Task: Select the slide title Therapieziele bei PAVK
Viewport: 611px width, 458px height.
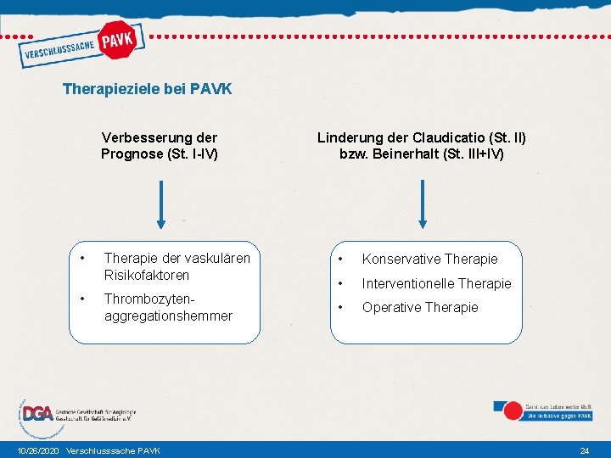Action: pos(147,88)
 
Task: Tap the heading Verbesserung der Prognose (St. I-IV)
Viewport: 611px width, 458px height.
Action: pos(159,145)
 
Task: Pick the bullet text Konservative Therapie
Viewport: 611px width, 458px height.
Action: pos(429,259)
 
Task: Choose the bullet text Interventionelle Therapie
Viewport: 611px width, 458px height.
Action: pos(436,283)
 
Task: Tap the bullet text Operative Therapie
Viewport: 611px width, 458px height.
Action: pos(420,307)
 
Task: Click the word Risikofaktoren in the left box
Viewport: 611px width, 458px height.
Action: pos(146,275)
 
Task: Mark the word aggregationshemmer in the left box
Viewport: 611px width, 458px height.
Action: pos(167,316)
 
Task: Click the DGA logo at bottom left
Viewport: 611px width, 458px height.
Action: pos(36,414)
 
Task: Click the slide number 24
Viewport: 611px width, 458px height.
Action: pos(584,450)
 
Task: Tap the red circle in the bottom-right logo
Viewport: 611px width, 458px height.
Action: pos(512,411)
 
